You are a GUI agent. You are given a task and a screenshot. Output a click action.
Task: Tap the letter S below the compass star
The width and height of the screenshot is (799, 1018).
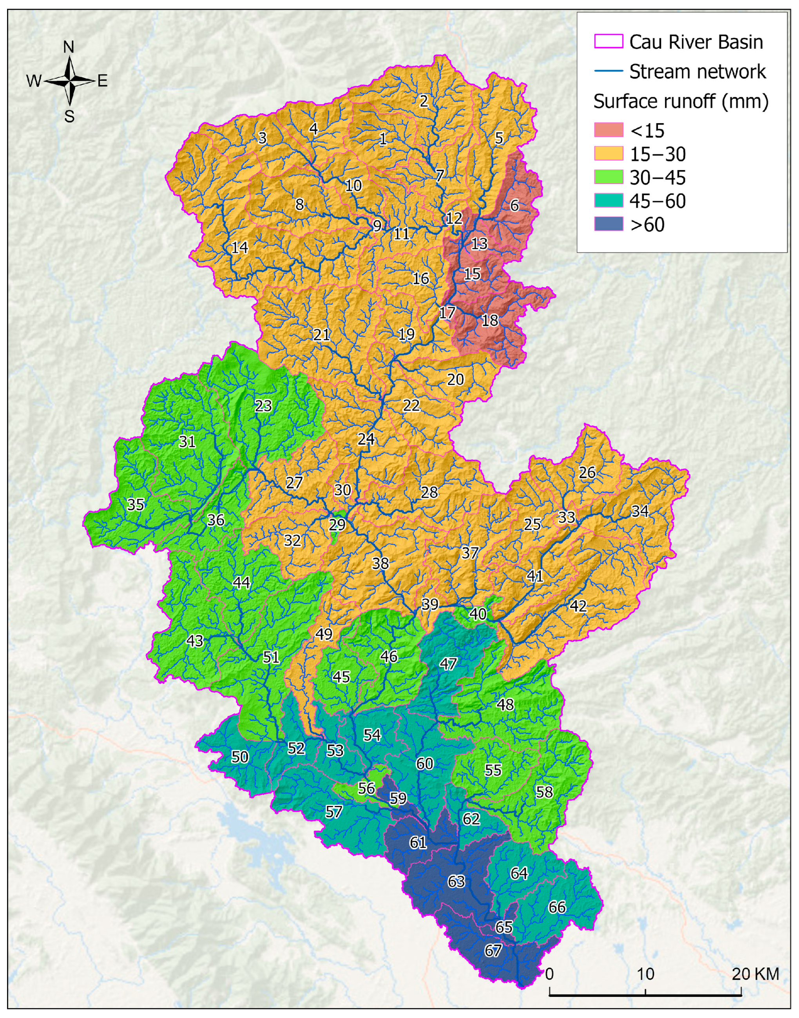coord(69,116)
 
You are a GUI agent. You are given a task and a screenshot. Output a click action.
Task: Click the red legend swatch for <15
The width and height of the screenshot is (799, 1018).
coord(608,130)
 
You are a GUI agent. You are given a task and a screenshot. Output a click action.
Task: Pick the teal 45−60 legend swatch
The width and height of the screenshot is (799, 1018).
coord(608,201)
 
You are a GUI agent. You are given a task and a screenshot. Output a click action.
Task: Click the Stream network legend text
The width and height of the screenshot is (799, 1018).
coord(697,72)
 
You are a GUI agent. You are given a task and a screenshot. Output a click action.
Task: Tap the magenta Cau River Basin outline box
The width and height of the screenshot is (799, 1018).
coord(608,42)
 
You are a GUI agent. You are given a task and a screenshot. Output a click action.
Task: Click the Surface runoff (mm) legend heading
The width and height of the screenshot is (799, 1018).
coord(681,101)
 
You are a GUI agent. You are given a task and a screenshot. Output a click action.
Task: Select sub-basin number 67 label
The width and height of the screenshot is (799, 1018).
coord(493,951)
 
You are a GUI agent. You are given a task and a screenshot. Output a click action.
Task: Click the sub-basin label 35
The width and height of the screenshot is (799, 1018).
coord(136,504)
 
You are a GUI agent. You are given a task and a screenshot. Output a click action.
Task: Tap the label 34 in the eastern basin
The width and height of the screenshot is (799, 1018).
coord(640,511)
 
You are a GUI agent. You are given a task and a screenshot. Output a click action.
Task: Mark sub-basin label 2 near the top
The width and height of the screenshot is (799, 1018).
coord(424,101)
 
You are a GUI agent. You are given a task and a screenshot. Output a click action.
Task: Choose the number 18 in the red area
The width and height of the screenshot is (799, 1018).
coord(490,321)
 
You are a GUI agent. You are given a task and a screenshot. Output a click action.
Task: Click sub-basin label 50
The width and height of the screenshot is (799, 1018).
coord(240,757)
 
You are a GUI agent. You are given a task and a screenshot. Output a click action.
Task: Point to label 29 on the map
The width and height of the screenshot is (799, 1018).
coord(337,524)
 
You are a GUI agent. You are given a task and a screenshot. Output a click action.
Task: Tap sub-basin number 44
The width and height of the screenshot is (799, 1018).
coord(241,582)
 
